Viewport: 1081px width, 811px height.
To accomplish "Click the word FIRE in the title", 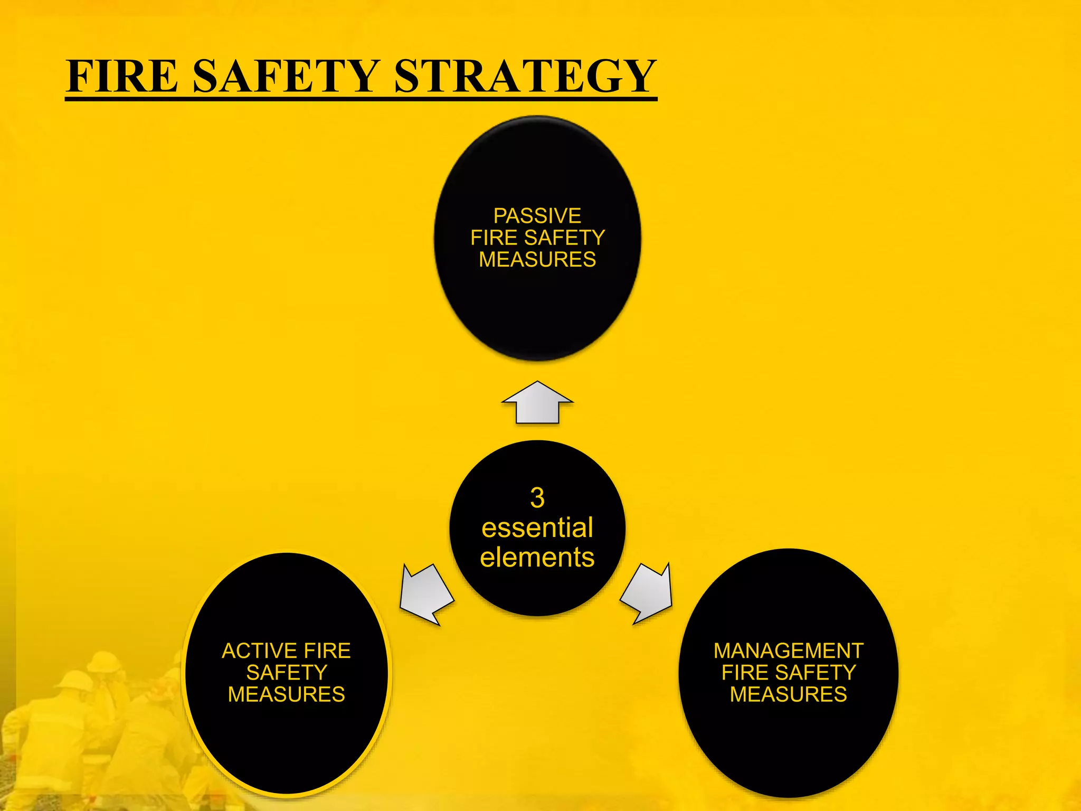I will tap(122, 76).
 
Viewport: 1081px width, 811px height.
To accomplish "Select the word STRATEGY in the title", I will tap(525, 76).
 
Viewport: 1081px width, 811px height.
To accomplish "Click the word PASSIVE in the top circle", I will tap(537, 216).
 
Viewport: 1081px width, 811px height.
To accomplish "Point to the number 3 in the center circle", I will tap(537, 497).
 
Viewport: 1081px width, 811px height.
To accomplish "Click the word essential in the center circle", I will tap(537, 527).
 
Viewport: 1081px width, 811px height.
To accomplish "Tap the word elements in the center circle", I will tap(537, 558).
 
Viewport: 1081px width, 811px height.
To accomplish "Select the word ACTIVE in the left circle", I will tap(258, 650).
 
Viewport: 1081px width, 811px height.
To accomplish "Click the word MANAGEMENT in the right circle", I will tap(789, 650).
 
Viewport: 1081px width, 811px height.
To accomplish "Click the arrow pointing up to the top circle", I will tap(537, 404).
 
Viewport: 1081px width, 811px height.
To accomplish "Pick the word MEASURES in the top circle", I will tap(537, 260).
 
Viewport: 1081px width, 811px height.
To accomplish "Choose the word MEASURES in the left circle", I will tap(287, 694).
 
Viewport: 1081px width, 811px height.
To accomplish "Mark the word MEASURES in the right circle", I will tap(789, 694).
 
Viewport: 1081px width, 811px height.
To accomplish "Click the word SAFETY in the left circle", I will tap(287, 673).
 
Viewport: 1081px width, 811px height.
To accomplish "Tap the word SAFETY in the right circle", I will tap(816, 673).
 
